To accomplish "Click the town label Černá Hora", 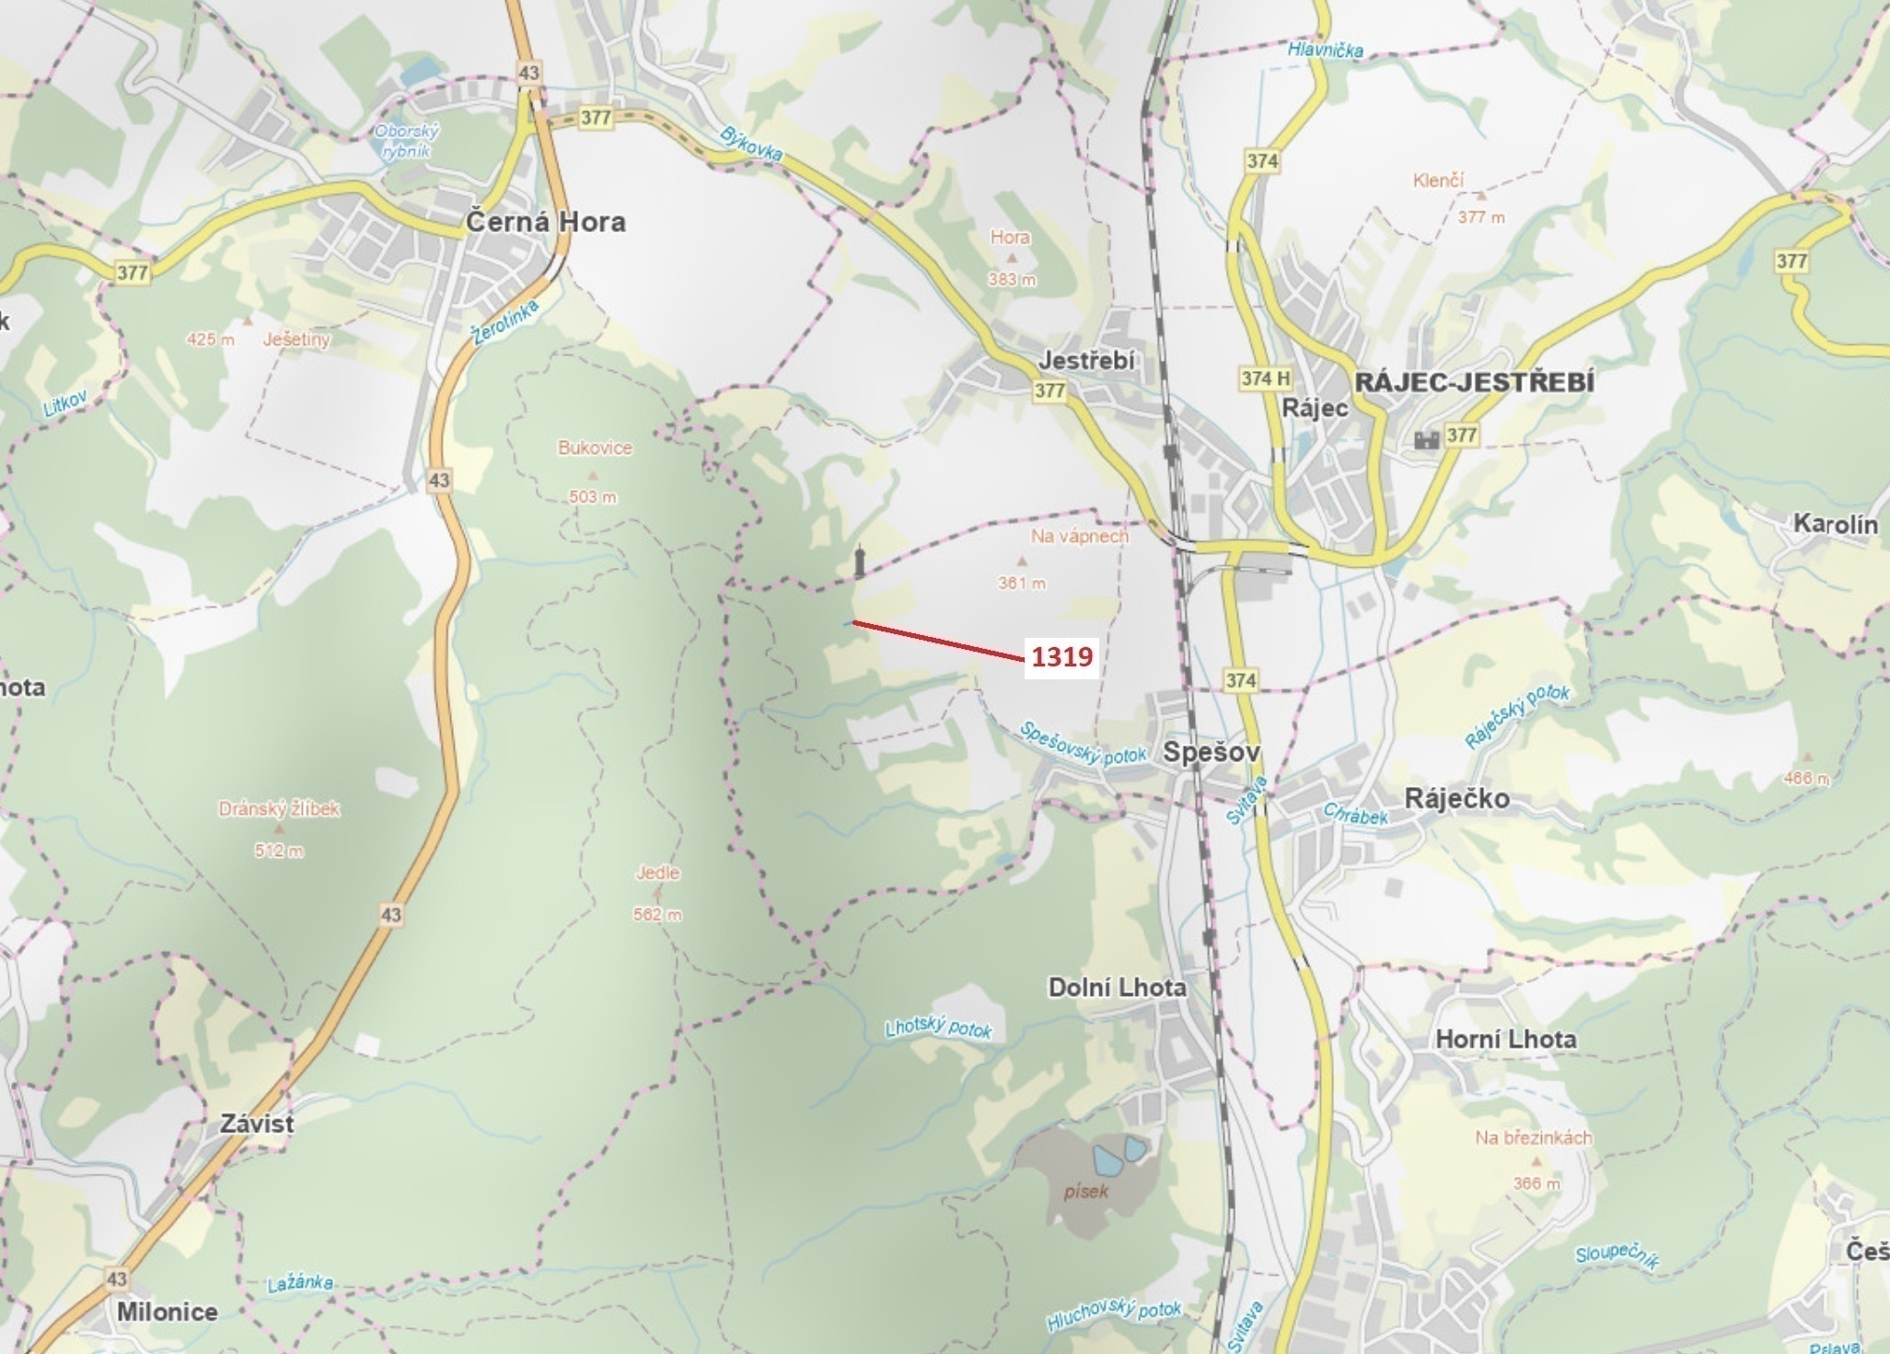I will (545, 222).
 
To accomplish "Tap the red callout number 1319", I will (1061, 657).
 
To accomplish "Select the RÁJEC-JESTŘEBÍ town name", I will (1474, 382).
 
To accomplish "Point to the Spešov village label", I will (1211, 752).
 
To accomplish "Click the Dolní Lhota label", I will (1117, 988).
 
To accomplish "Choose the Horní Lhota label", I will (1505, 1039).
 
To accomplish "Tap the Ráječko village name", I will (1456, 798).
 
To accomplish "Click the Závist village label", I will (257, 1124).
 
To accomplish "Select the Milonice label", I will (168, 1312).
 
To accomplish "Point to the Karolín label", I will (1835, 525).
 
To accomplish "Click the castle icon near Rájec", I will (1426, 440).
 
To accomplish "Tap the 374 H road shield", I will (1265, 378).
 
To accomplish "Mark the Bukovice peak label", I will (595, 448).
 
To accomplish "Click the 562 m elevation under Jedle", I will (657, 915).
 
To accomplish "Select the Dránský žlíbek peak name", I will (279, 809).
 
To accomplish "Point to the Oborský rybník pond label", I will (406, 141).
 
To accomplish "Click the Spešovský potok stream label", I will (1083, 744).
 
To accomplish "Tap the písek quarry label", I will (1086, 1191).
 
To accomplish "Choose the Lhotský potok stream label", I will (938, 1027).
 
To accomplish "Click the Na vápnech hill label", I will (1079, 536).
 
